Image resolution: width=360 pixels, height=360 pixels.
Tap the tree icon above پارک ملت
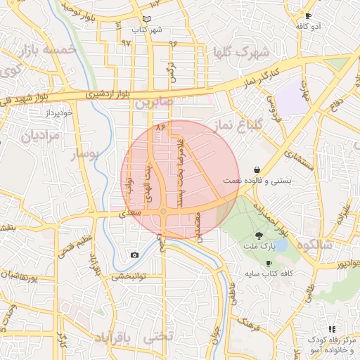(259, 237)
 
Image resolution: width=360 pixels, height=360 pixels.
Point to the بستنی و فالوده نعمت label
(257, 181)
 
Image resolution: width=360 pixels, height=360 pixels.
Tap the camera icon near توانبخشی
(134, 255)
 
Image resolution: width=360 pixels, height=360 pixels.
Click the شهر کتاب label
(146, 30)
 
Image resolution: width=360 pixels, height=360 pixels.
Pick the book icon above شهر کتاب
(146, 19)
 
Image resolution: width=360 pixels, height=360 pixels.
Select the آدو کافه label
(310, 26)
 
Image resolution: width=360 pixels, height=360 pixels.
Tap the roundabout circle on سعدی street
(163, 211)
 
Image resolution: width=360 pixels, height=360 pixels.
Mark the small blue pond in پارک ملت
(279, 245)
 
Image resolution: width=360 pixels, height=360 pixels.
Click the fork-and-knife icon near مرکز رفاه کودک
(331, 329)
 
